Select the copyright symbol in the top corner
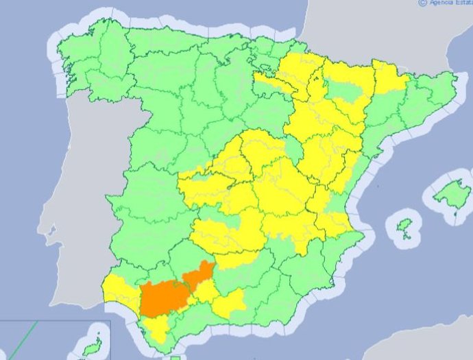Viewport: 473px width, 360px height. [422, 3]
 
